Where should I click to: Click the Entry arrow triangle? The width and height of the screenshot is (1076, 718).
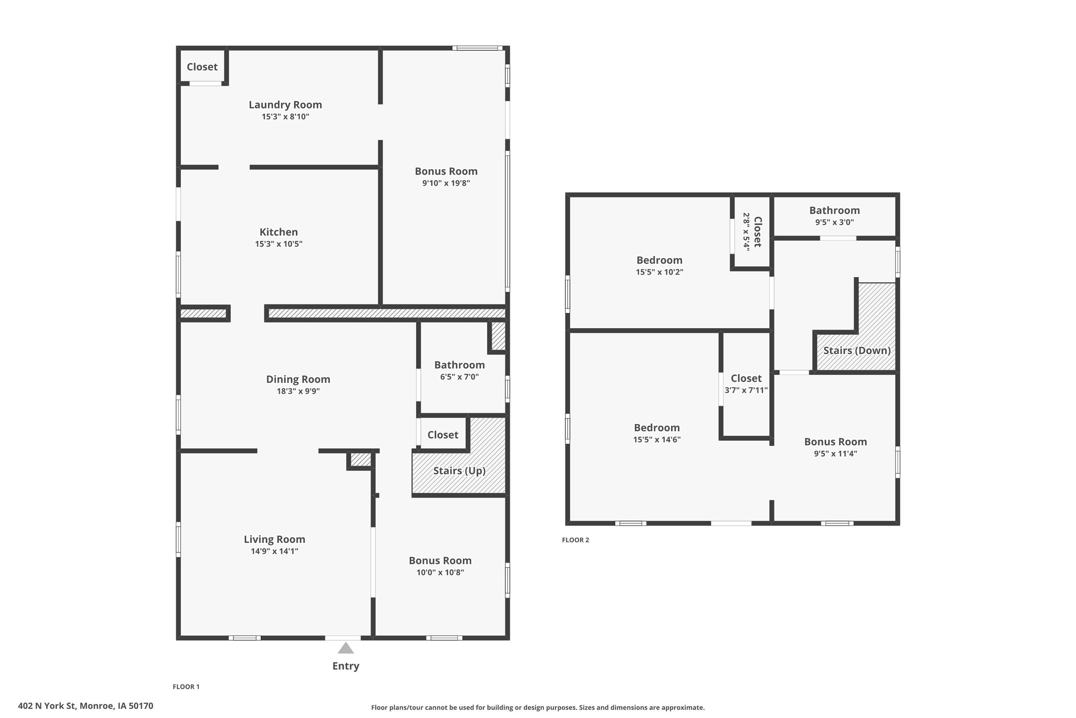pyautogui.click(x=345, y=648)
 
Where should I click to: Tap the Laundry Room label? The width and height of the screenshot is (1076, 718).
pyautogui.click(x=285, y=105)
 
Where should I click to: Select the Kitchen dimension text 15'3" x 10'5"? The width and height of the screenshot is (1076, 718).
pyautogui.click(x=278, y=244)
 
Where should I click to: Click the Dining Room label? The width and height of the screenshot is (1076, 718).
pyautogui.click(x=298, y=379)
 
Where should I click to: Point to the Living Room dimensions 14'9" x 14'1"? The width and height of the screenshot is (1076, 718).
pyautogui.click(x=274, y=551)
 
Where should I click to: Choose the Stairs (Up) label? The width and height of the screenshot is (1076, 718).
pyautogui.click(x=459, y=471)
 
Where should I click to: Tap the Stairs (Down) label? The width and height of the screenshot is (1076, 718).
pyautogui.click(x=857, y=351)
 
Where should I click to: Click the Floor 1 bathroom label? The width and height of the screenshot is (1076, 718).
pyautogui.click(x=459, y=365)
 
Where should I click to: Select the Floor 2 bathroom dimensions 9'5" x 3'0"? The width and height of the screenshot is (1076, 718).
pyautogui.click(x=835, y=222)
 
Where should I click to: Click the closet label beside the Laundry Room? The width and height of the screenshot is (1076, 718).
pyautogui.click(x=202, y=66)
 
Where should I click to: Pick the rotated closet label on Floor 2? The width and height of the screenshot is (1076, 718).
pyautogui.click(x=757, y=232)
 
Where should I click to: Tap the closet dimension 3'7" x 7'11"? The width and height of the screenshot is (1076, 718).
pyautogui.click(x=746, y=390)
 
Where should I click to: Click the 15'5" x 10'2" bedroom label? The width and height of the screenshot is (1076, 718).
pyautogui.click(x=659, y=260)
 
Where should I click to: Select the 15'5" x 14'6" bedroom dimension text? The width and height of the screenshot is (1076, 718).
pyautogui.click(x=657, y=439)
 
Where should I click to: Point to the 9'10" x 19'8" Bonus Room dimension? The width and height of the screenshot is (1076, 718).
pyautogui.click(x=446, y=183)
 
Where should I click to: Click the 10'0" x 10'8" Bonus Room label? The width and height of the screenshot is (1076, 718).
pyautogui.click(x=440, y=561)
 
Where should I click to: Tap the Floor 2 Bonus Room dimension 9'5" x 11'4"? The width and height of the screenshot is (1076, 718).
pyautogui.click(x=835, y=453)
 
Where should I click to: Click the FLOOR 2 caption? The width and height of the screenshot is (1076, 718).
pyautogui.click(x=575, y=540)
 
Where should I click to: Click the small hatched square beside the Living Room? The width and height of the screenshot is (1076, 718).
pyautogui.click(x=361, y=460)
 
